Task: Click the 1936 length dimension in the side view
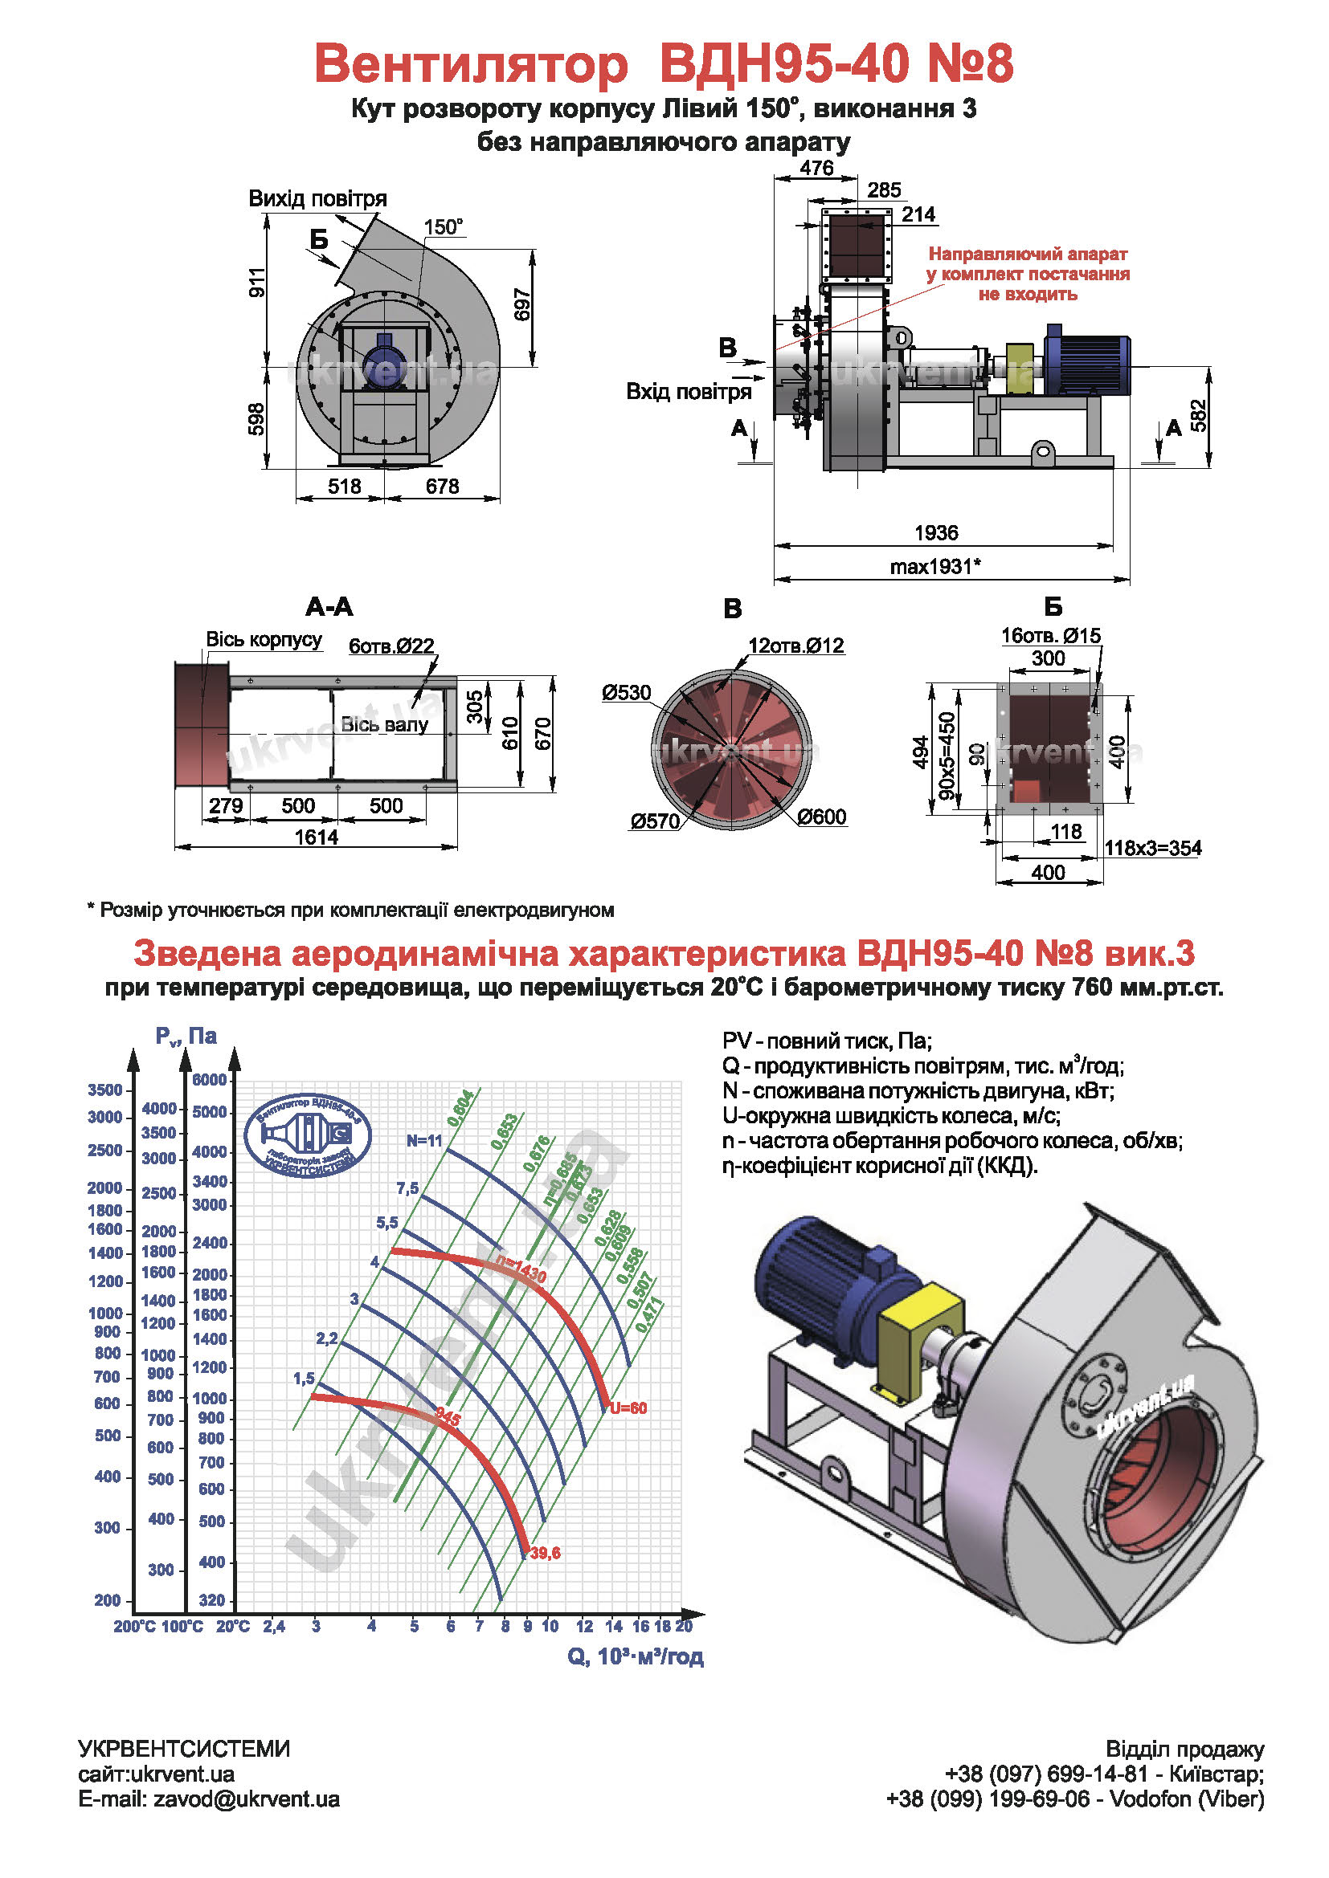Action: [935, 533]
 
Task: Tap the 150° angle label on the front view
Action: [444, 227]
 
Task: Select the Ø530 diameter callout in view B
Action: [626, 693]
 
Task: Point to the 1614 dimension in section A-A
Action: [316, 837]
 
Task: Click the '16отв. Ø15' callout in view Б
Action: [1051, 636]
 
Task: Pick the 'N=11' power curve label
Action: [424, 1140]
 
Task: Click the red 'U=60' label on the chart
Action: [628, 1408]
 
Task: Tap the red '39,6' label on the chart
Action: [545, 1554]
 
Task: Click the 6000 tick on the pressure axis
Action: [210, 1080]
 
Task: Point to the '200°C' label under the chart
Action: [133, 1627]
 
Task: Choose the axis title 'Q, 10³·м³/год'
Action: [635, 1656]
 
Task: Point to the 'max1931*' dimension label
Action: [934, 566]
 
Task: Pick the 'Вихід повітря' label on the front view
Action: [317, 199]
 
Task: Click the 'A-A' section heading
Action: [329, 607]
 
